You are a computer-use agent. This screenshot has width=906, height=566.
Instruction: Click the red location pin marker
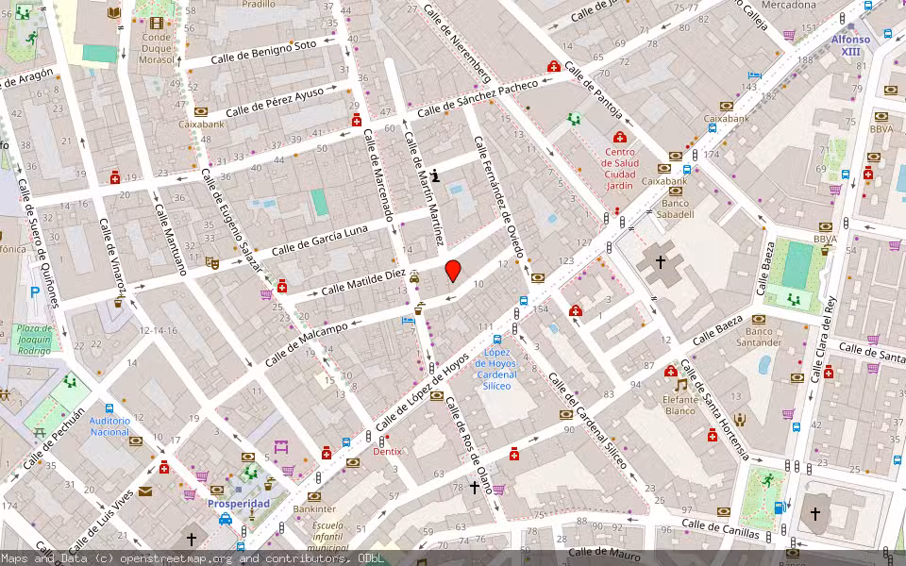[453, 271]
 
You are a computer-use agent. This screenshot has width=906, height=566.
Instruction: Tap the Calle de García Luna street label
[319, 241]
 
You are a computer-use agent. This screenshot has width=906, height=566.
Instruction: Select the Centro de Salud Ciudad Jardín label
[619, 169]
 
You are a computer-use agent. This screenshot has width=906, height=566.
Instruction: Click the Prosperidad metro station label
[238, 504]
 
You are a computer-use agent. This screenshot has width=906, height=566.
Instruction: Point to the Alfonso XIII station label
[850, 46]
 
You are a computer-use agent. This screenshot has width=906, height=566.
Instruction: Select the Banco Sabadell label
[678, 208]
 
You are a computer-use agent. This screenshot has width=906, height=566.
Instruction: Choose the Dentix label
[387, 452]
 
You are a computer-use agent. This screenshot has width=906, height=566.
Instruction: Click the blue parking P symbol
[35, 293]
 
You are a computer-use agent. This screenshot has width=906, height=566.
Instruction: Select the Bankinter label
[314, 509]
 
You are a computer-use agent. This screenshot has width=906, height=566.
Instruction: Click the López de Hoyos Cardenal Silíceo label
[497, 369]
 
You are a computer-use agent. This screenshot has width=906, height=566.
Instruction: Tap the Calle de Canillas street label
[720, 527]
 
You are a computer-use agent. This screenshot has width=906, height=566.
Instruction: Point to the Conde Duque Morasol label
[157, 49]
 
